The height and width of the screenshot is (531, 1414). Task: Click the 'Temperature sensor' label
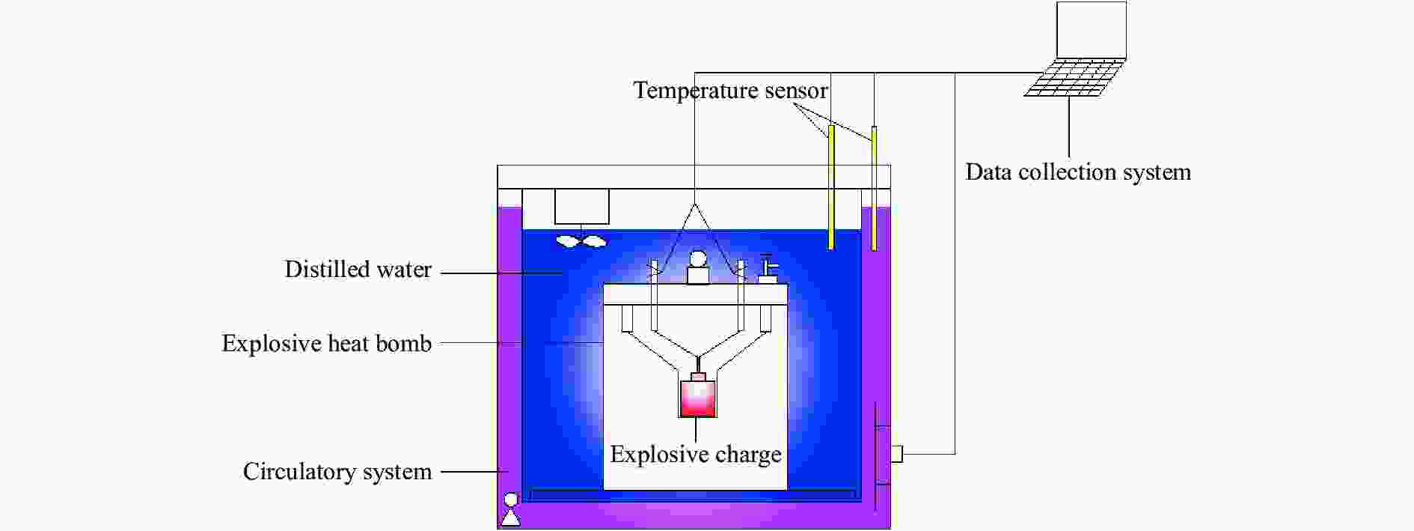pos(730,91)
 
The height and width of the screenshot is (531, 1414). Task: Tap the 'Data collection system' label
pos(1078,172)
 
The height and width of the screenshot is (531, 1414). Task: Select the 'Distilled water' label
pos(358,270)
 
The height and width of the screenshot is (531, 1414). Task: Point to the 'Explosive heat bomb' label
pos(327,344)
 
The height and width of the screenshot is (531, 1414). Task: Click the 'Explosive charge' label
pos(696,455)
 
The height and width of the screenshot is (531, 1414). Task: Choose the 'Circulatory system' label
pos(337,472)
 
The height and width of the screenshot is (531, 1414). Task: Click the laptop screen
pos(1092,30)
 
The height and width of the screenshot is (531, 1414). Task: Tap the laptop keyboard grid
pos(1074,78)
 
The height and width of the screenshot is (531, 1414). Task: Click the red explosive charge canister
pos(697,398)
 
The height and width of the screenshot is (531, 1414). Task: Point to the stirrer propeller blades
pos(581,241)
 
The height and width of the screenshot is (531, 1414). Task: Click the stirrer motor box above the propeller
pos(582,207)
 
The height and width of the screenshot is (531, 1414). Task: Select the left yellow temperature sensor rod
pos(830,186)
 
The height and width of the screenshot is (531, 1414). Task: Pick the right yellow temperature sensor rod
pos(874,189)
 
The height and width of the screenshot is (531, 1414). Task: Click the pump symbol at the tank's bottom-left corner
pos(511,509)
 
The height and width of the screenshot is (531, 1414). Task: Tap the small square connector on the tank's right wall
pos(896,454)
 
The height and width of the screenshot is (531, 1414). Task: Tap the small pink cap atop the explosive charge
pos(697,376)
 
